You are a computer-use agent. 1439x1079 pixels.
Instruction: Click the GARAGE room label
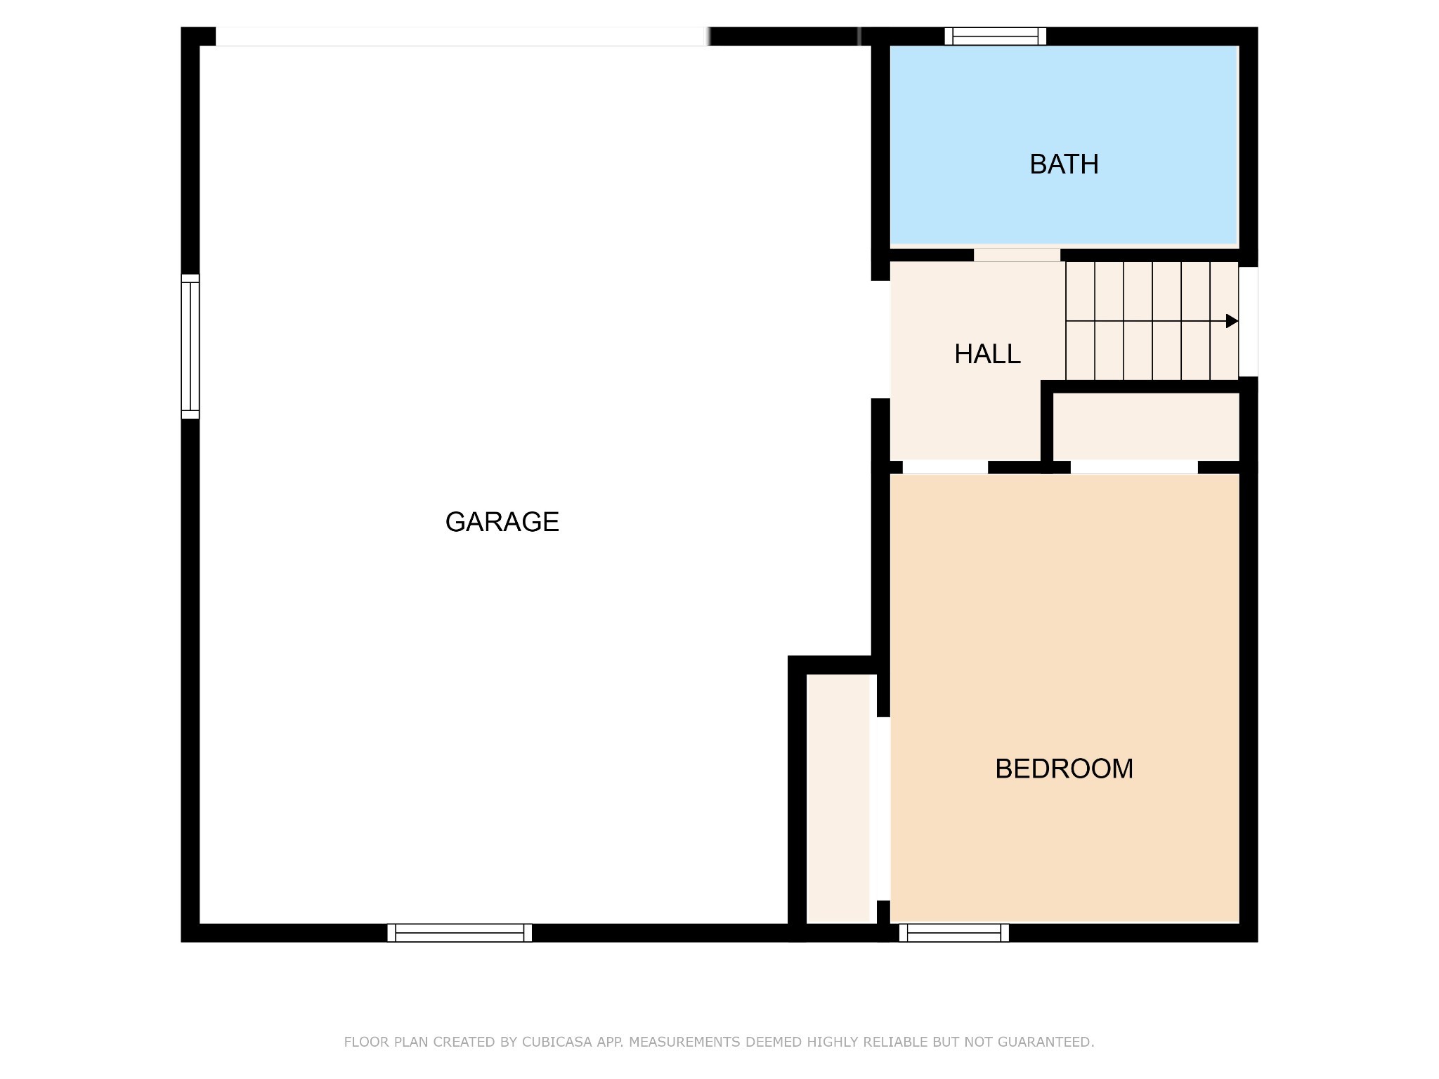click(502, 522)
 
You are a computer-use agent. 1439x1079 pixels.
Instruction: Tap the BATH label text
click(1064, 164)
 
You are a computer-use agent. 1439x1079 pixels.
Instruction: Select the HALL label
click(987, 354)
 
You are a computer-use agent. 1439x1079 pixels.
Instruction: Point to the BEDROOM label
click(1064, 769)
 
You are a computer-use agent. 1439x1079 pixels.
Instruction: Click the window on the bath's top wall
click(995, 37)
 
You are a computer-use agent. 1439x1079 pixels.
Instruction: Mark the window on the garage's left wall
click(190, 346)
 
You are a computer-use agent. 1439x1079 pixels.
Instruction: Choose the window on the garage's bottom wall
click(460, 933)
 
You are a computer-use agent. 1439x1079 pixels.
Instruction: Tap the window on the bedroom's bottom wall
click(953, 933)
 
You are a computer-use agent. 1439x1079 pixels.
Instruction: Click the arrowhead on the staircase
click(1232, 321)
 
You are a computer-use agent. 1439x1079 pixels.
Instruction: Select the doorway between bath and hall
click(1017, 255)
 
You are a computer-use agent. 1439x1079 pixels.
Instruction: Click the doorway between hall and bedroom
click(945, 467)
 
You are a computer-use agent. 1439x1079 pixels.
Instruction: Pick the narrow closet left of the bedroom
click(838, 799)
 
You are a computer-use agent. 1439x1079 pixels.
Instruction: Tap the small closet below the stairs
click(1145, 426)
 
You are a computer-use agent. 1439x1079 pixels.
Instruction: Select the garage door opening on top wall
click(461, 37)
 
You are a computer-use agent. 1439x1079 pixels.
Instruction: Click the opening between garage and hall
click(880, 339)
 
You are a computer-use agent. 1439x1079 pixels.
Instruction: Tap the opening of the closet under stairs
click(1134, 467)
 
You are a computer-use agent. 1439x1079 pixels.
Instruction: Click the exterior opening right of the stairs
click(1248, 322)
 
